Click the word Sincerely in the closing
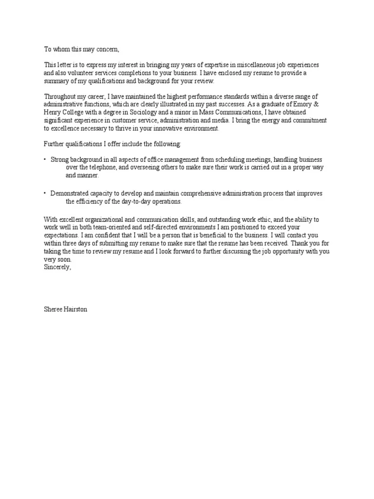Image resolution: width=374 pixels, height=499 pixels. [57, 267]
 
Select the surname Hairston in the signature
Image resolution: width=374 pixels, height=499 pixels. [75, 309]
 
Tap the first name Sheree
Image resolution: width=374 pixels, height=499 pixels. [53, 309]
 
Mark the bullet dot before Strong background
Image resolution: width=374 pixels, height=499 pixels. [45, 160]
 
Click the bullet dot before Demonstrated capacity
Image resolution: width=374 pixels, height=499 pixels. [45, 193]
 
